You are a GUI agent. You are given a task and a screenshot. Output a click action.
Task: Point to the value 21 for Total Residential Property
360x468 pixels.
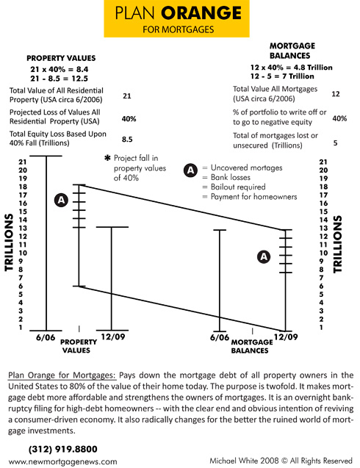pos(127,96)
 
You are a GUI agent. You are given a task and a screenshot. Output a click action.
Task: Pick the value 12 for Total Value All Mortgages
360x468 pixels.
pos(336,94)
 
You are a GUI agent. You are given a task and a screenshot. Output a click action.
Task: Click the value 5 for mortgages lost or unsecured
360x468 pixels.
pos(336,143)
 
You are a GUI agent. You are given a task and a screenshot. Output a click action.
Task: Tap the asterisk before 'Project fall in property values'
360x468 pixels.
pos(107,159)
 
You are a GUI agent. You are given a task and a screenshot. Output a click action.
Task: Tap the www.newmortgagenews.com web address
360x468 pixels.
pos(63,461)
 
